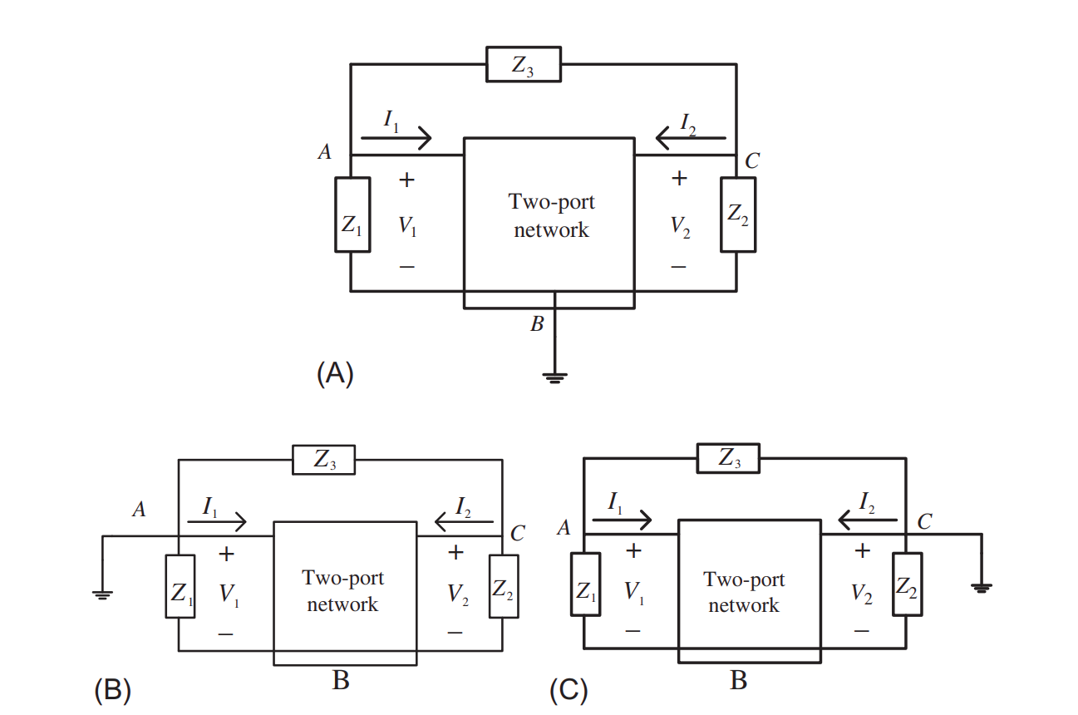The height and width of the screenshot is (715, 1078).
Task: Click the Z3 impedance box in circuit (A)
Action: coord(523,65)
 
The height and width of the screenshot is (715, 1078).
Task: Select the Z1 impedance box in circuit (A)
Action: coord(350,214)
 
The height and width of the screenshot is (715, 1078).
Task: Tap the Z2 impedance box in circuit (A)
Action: coord(737,214)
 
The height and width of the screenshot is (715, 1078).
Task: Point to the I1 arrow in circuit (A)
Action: coord(396,136)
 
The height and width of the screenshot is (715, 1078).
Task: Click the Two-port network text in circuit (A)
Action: coord(551,215)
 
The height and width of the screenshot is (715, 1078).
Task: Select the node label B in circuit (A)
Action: coord(537,324)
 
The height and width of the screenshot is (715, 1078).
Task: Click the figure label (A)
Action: coord(335,374)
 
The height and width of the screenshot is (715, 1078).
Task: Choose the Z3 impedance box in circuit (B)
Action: coord(323,460)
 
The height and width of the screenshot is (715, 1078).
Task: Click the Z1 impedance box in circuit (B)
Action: coord(180,586)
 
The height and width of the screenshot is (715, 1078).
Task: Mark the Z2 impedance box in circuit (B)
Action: coord(502,586)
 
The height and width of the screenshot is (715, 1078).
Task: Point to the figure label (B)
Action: coord(112,689)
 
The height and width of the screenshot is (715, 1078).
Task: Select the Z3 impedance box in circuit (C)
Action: coord(728,458)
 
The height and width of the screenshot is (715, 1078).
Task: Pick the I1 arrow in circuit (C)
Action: coord(622,520)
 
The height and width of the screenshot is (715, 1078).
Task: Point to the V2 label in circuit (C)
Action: coord(862,593)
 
